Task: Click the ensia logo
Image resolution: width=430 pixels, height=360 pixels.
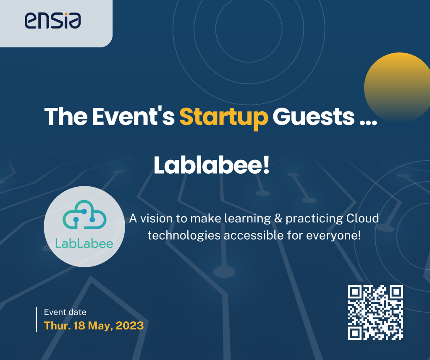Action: click(x=52, y=20)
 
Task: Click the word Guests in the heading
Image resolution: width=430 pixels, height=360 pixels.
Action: click(x=313, y=117)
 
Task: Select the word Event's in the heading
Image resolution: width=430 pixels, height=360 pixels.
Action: click(x=133, y=117)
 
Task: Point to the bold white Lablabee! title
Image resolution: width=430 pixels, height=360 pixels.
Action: click(x=212, y=165)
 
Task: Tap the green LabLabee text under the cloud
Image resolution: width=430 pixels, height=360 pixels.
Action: click(x=84, y=243)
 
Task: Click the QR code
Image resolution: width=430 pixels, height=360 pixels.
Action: click(x=375, y=312)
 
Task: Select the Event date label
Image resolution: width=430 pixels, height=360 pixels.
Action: click(x=65, y=312)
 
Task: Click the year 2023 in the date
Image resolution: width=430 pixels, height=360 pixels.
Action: click(x=130, y=326)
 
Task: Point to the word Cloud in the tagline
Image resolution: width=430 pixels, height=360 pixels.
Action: click(x=362, y=218)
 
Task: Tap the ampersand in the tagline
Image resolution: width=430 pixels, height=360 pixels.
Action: click(x=278, y=218)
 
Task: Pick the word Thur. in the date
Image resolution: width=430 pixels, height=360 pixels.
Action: click(x=58, y=326)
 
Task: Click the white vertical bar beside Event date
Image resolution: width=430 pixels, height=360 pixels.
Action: click(x=37, y=320)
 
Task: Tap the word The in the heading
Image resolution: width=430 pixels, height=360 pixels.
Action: click(x=66, y=117)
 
